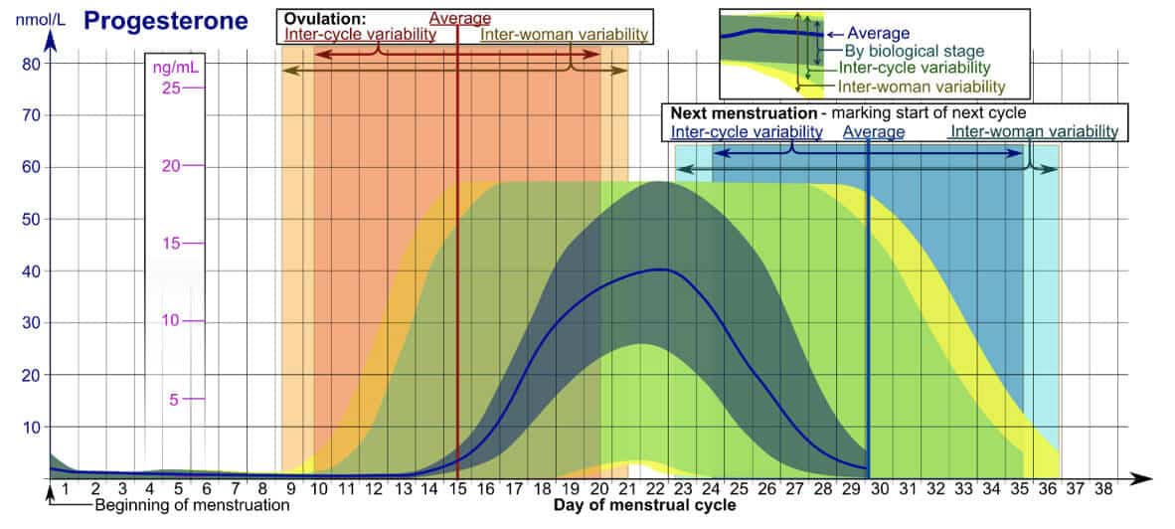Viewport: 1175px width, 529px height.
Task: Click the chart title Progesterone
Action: click(x=165, y=21)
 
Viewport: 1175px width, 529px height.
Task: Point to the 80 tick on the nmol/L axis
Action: click(x=31, y=64)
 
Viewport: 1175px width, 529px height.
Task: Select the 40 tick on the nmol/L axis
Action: click(x=31, y=271)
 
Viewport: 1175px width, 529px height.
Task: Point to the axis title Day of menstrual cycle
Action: click(x=645, y=506)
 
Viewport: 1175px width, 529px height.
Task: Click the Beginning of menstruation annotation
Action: click(x=192, y=505)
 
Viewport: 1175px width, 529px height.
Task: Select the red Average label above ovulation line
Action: click(x=459, y=19)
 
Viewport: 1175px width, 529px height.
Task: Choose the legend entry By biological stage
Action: click(x=914, y=51)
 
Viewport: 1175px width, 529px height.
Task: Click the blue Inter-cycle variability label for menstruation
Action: click(x=747, y=131)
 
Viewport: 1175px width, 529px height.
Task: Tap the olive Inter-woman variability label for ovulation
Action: click(x=564, y=35)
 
